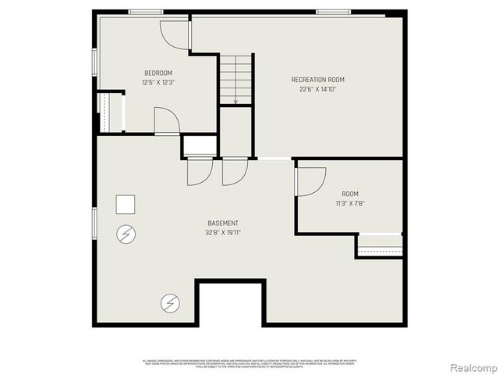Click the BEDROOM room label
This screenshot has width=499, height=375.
(157, 73)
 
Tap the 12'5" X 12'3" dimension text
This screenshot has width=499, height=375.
(157, 82)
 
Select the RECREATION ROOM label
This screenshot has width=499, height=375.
(317, 80)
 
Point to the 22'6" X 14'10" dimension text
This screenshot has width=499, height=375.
(317, 88)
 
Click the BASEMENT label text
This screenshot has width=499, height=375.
(222, 223)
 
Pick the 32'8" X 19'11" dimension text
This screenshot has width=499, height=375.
(222, 232)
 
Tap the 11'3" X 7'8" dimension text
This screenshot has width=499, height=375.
(350, 203)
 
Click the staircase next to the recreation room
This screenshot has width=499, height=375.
(235, 78)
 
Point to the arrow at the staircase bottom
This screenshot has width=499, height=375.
(235, 100)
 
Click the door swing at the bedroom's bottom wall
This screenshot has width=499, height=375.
(166, 122)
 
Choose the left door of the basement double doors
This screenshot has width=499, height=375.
(199, 171)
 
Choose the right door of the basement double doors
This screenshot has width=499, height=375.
(234, 171)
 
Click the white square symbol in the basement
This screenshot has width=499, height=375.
(126, 205)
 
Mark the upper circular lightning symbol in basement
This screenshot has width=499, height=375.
(125, 233)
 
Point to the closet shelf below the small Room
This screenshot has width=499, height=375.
(380, 251)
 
